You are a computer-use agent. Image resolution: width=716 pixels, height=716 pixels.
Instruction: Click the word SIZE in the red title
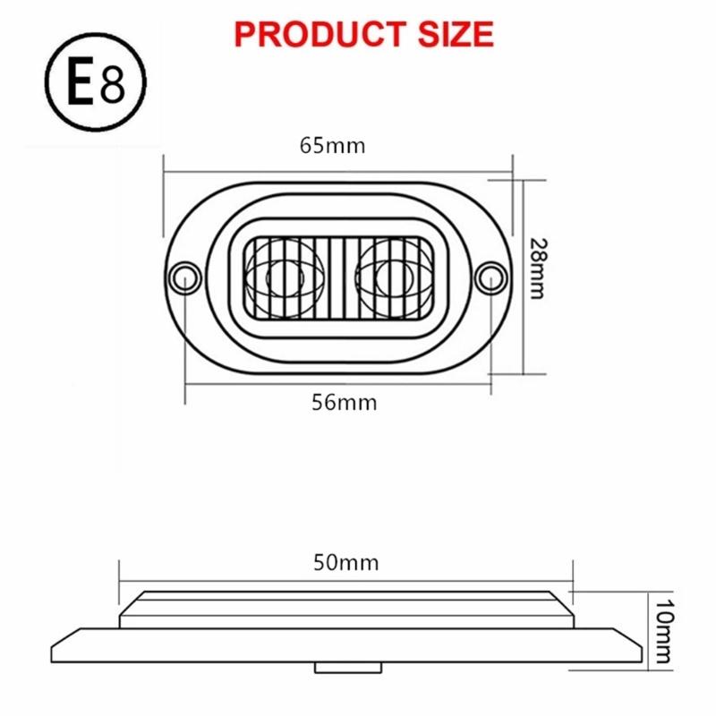(x=448, y=33)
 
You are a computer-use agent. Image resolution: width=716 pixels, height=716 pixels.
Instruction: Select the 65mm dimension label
(x=333, y=145)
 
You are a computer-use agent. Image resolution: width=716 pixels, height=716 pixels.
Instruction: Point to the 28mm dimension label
(x=535, y=268)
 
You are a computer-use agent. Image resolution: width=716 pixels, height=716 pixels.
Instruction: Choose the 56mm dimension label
(x=345, y=402)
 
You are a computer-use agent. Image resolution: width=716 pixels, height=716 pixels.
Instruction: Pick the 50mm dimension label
(x=346, y=563)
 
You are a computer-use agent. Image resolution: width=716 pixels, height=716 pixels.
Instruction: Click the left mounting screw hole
(x=185, y=275)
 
